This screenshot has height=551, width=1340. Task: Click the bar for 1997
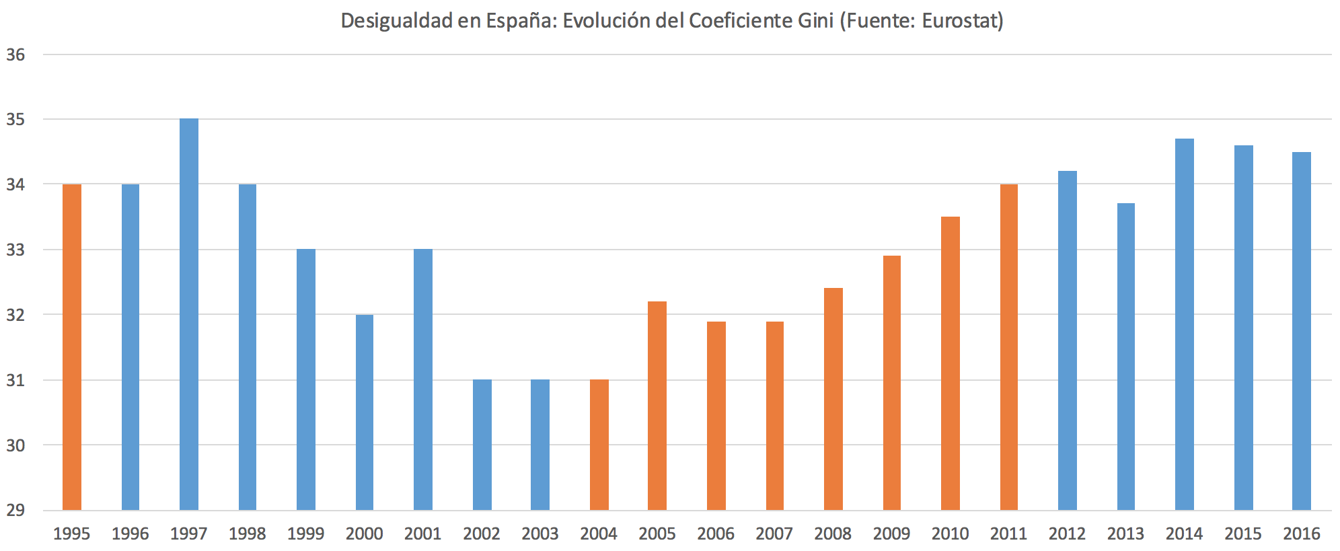tap(189, 314)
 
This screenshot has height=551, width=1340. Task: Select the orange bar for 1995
tap(72, 346)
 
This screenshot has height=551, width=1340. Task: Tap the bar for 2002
tap(482, 445)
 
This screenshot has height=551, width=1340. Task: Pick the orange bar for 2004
tap(599, 445)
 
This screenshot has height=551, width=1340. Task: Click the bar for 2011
tap(1008, 346)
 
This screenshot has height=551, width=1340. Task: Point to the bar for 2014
tap(1184, 324)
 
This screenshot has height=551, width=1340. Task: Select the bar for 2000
tap(365, 412)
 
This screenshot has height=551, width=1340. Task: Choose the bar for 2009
tap(891, 382)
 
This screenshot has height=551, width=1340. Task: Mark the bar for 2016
tap(1301, 331)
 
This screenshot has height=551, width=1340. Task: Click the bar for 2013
tap(1125, 357)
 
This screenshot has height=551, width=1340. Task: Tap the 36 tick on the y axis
tap(15, 55)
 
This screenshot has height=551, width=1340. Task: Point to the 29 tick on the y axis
tap(15, 510)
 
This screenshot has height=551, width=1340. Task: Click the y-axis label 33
tap(15, 250)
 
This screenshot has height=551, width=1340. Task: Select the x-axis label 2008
tap(833, 534)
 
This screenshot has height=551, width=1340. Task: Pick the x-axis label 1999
tap(305, 534)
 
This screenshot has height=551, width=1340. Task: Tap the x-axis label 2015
tap(1242, 534)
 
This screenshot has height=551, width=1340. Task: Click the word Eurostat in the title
tap(961, 21)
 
